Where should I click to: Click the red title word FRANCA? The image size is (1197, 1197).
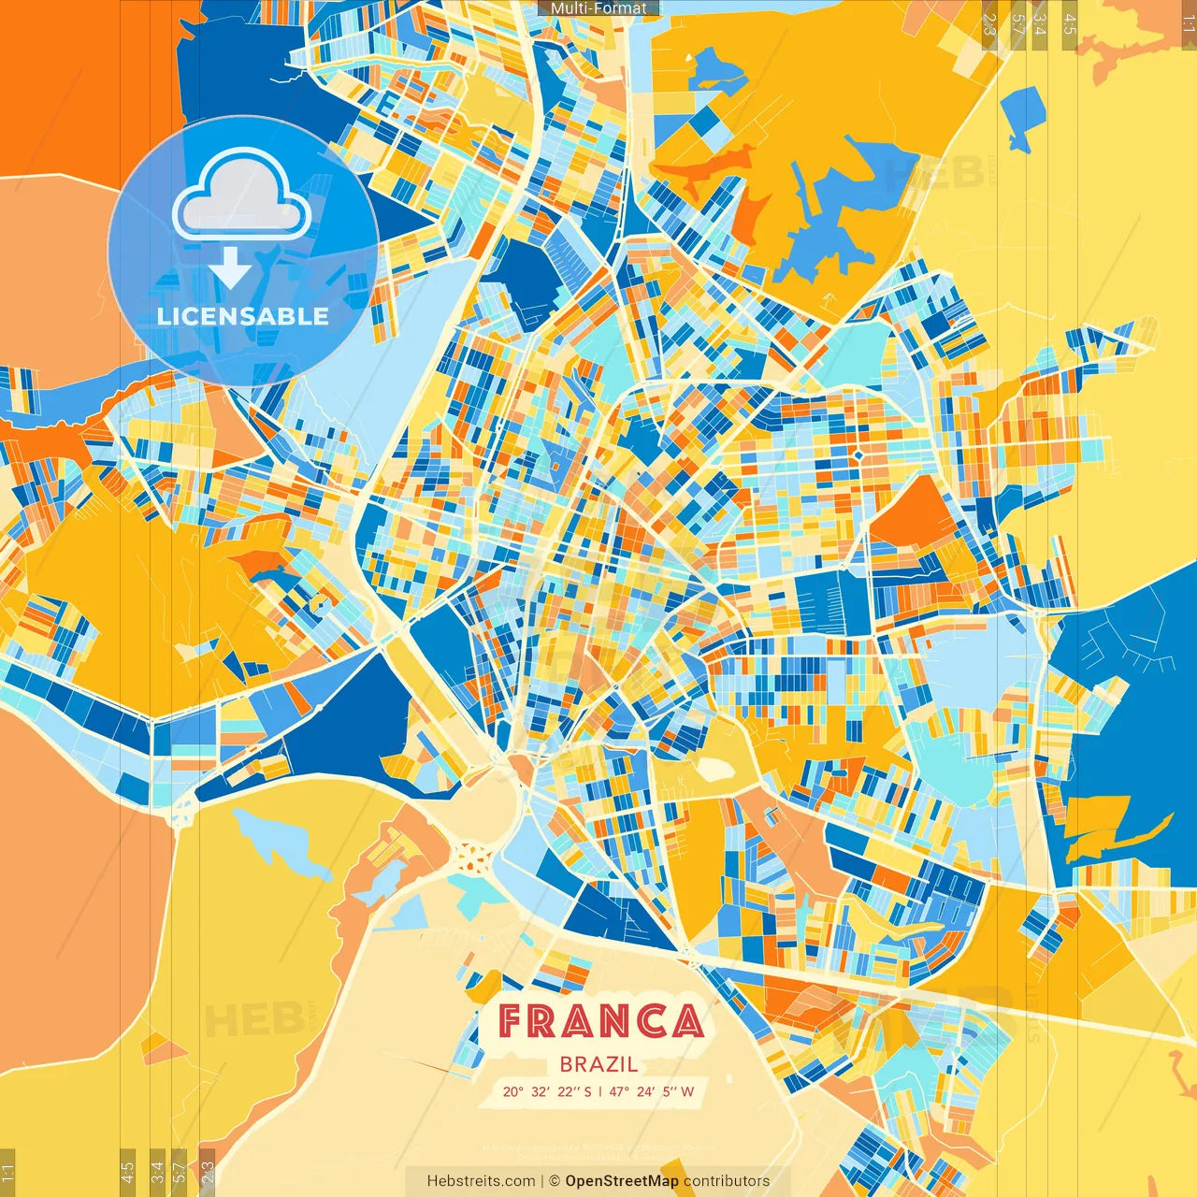600,1021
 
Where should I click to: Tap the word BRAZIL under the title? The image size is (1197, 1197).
599,1064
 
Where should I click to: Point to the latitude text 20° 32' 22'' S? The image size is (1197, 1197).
547,1091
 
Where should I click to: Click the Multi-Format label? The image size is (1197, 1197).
598,8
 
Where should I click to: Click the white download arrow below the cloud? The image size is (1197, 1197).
230,268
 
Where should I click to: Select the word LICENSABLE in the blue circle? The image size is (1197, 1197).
243,316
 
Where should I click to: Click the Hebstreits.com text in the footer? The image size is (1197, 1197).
481,1181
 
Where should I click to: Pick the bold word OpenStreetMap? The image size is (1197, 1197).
622,1181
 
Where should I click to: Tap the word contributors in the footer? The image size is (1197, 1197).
727,1181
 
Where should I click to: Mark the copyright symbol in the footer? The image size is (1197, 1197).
555,1181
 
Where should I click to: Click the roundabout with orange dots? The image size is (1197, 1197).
472,855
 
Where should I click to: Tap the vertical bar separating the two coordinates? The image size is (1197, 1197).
599,1091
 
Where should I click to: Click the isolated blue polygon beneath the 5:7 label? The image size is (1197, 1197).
1025,117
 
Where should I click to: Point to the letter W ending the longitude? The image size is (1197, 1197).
687,1091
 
